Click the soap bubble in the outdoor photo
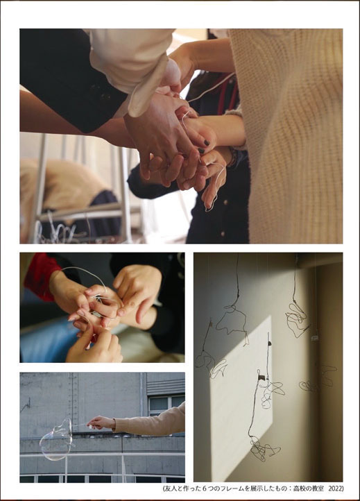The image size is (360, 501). tap(56, 441)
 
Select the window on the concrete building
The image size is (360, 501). tap(166, 404)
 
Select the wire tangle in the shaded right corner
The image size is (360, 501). tap(318, 379)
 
